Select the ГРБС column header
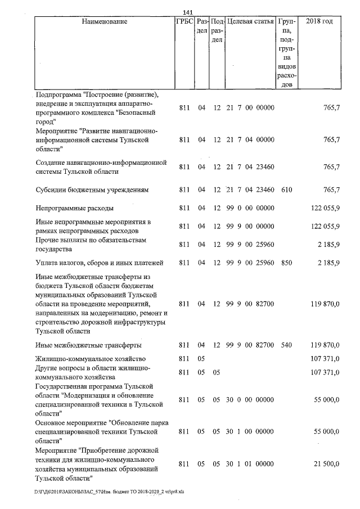point(184,21)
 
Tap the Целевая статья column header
point(250,21)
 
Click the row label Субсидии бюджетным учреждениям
point(92,190)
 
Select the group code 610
point(286,190)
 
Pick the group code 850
point(286,262)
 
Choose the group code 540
point(286,345)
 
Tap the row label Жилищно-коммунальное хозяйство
point(91,358)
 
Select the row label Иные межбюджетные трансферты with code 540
point(88,345)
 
